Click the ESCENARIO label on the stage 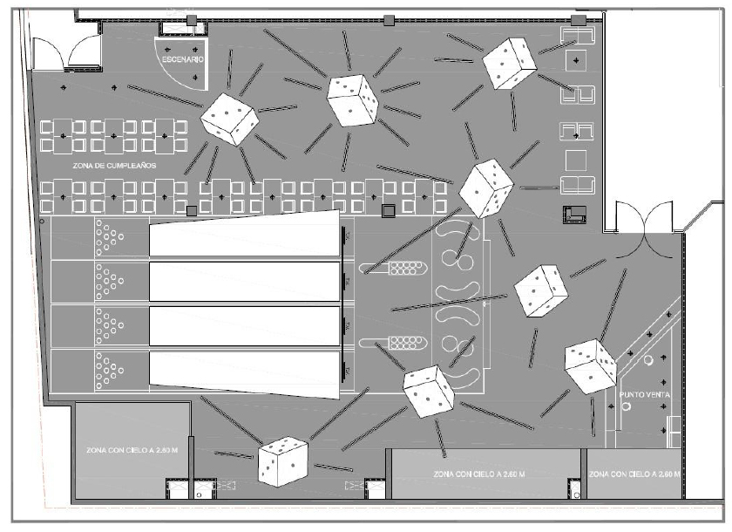tap(181, 59)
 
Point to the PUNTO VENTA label tap(645, 395)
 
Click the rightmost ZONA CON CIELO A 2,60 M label tap(634, 474)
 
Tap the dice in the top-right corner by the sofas tap(509, 64)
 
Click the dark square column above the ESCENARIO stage tap(192, 19)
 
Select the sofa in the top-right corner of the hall tap(576, 36)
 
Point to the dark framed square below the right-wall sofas tap(574, 214)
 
